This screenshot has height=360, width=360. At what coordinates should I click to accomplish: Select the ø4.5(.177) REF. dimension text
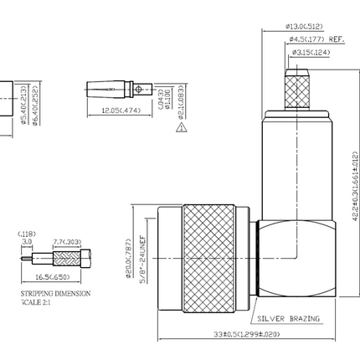pyautogui.click(x=316, y=39)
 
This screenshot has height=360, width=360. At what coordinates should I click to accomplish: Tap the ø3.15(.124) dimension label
pyautogui.click(x=311, y=53)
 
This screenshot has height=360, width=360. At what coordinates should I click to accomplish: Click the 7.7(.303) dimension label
pyautogui.click(x=68, y=242)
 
